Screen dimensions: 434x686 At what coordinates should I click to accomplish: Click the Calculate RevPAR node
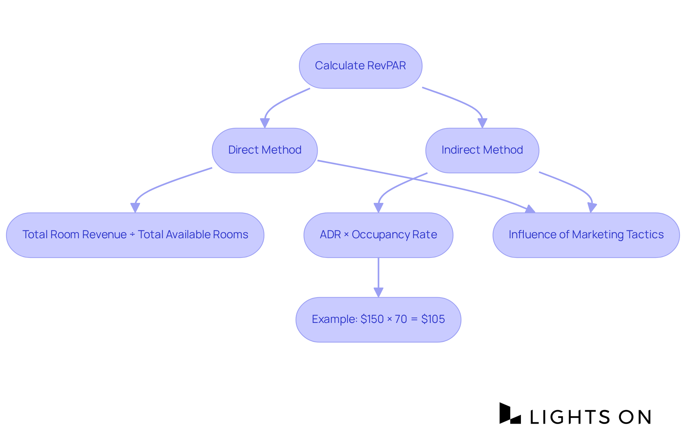[x=361, y=66]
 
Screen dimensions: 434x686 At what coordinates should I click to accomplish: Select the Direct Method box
[x=265, y=150]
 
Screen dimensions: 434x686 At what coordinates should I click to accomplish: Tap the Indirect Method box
[x=482, y=150]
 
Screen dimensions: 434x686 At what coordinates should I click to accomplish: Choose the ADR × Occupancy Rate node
[x=378, y=235]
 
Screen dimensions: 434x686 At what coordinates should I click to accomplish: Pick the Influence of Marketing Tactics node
[x=586, y=235]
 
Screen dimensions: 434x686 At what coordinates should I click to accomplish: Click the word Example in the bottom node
[x=334, y=319]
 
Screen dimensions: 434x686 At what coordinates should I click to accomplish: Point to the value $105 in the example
[x=433, y=319]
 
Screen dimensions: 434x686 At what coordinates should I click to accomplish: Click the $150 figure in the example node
[x=372, y=319]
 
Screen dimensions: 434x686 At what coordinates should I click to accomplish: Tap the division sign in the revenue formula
[x=132, y=235]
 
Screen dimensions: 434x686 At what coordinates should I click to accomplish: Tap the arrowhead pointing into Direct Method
[x=265, y=123]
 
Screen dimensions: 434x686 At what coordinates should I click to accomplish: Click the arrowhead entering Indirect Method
[x=482, y=123]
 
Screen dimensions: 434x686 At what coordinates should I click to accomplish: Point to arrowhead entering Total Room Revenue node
[x=135, y=208]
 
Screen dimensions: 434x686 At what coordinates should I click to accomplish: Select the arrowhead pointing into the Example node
[x=378, y=293]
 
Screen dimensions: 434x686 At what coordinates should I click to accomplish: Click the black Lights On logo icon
[x=509, y=414]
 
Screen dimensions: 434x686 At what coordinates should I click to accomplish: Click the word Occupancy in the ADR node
[x=381, y=235]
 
